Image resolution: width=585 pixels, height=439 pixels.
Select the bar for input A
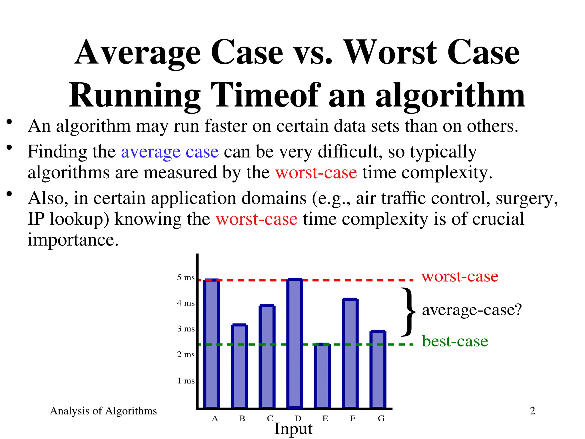[x=212, y=343]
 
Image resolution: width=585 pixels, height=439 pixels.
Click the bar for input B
[x=239, y=366]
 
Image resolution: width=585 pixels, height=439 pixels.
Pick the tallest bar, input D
[x=295, y=343]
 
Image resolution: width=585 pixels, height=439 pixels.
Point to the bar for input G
[x=378, y=369]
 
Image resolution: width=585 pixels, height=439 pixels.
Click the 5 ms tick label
[x=186, y=277]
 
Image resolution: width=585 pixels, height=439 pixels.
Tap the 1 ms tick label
[x=186, y=381]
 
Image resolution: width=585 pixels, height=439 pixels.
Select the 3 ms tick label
[x=186, y=329]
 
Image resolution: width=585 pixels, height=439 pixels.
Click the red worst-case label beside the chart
[x=460, y=276]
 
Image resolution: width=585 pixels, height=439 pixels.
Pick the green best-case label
[x=455, y=341]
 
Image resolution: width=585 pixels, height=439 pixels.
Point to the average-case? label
[x=472, y=310]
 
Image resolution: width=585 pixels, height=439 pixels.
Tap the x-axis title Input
[x=293, y=429]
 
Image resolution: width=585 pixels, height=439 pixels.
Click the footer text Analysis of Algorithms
[x=103, y=411]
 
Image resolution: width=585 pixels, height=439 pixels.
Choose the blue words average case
[x=170, y=152]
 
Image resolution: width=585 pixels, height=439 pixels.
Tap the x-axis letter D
[x=298, y=419]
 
